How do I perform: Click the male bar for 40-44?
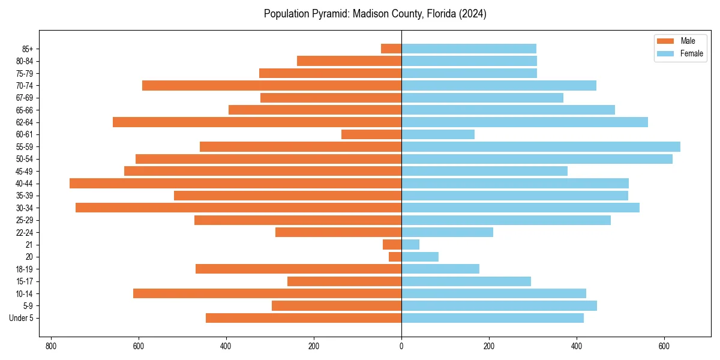click(x=235, y=183)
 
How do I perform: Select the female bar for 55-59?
click(x=541, y=146)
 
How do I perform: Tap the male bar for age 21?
click(x=392, y=244)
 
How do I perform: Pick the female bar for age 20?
click(x=420, y=257)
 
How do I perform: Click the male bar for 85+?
click(x=391, y=49)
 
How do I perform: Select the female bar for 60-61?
click(x=438, y=134)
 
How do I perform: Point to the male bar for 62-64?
click(x=257, y=122)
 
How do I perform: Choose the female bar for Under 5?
click(x=493, y=318)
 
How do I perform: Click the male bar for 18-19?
click(x=298, y=269)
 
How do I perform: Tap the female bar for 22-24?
click(x=447, y=232)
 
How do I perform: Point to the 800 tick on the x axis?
click(x=51, y=346)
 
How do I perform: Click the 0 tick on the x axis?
click(x=401, y=346)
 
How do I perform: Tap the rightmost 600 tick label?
click(x=664, y=346)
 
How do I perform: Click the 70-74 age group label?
click(x=25, y=85)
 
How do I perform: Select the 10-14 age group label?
click(x=25, y=293)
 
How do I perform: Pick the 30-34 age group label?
click(x=25, y=208)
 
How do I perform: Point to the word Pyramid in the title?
click(x=324, y=14)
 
